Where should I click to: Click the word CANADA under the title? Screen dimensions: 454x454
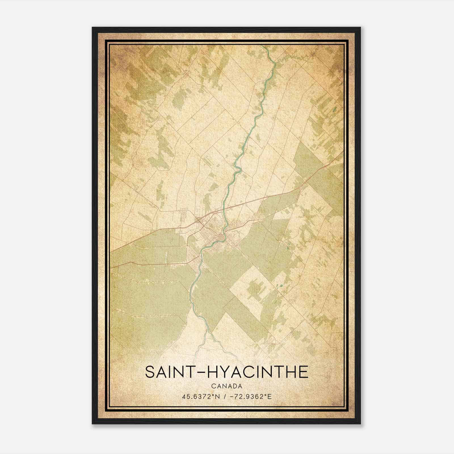click(x=227, y=386)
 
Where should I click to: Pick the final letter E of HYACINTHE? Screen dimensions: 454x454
click(x=303, y=372)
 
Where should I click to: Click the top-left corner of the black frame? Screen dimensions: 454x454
click(x=93, y=28)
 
